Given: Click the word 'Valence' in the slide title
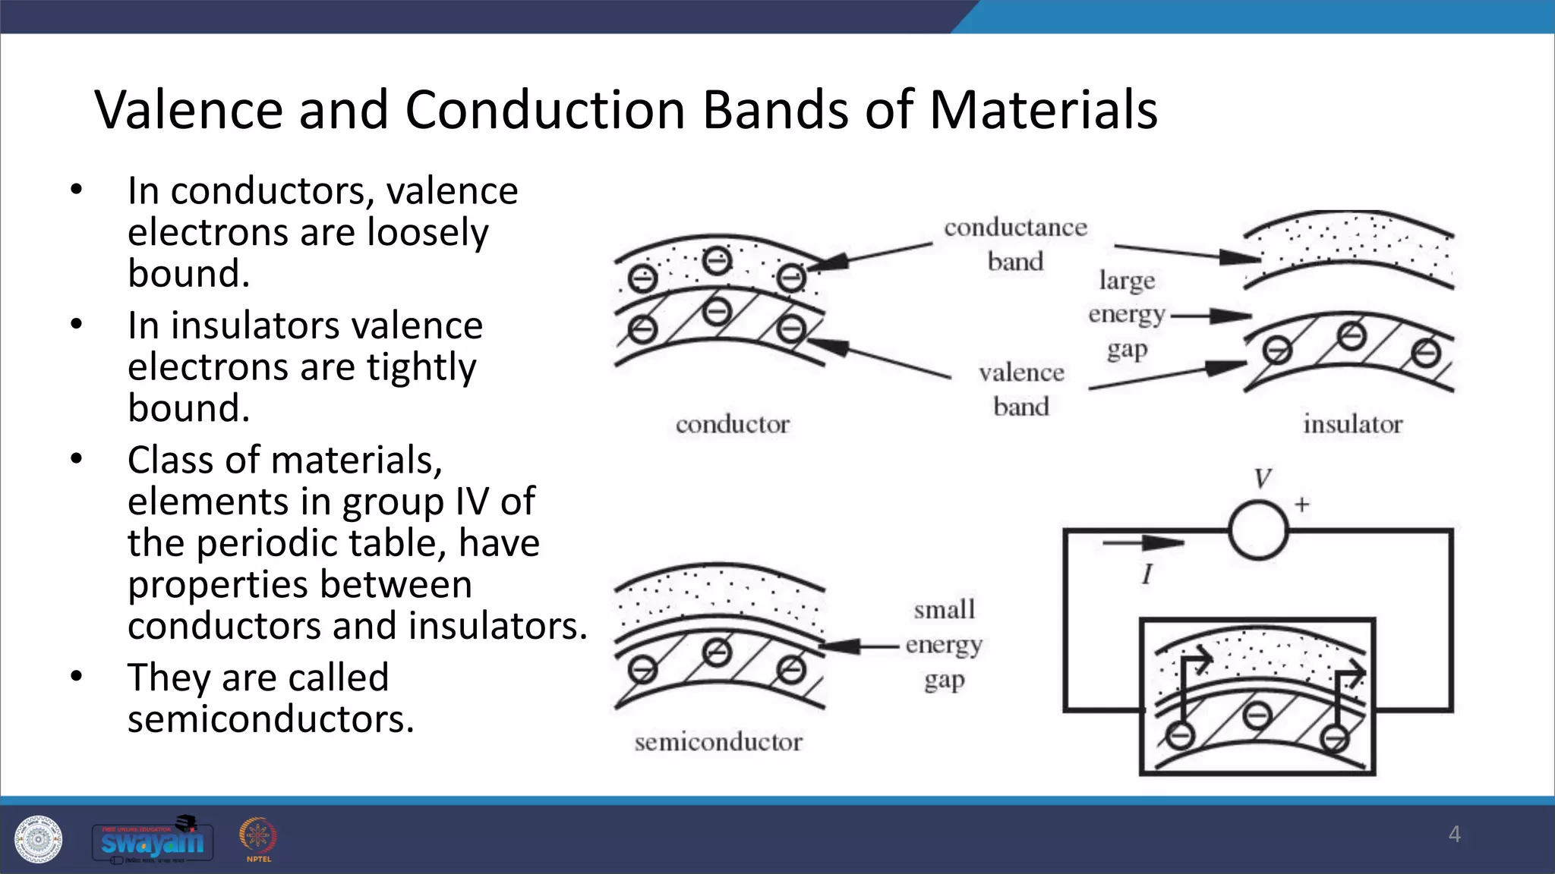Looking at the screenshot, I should (188, 110).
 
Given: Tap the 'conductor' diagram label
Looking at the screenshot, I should (733, 424).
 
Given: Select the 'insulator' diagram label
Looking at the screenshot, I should (1352, 424).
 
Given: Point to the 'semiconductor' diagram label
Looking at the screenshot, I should (718, 741).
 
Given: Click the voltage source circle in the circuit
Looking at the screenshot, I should (1258, 530).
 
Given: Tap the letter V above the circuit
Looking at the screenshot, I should (1262, 479).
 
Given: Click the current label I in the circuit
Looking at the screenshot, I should (1147, 574).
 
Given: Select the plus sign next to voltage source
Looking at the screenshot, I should (1302, 505).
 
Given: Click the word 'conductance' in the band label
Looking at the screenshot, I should (1015, 228).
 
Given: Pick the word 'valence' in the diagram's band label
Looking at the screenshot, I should (1021, 373).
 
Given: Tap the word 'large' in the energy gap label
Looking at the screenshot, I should (1127, 281).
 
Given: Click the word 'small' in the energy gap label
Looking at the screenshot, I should (944, 609).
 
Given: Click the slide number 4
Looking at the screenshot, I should (1454, 834).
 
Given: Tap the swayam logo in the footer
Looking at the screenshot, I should (153, 841).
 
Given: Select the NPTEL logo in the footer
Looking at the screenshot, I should (258, 839).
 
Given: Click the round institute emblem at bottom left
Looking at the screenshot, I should (38, 840).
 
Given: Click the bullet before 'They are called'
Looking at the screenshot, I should (76, 676).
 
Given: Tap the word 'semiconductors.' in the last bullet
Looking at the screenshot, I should (270, 719).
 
